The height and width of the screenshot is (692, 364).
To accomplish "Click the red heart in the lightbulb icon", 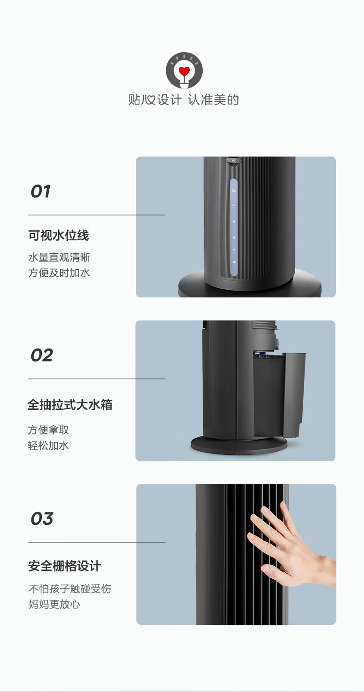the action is coord(184,72).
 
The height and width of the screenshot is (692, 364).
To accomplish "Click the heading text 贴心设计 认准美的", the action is coord(184,100).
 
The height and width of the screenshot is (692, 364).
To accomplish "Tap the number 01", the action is coord(41,192).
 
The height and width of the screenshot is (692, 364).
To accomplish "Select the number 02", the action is coord(42,355).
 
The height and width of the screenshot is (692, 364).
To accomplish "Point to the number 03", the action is coord(42,519).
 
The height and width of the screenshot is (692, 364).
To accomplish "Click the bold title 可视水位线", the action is coord(59,235).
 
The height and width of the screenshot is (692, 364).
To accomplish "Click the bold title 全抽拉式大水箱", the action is coord(70,405).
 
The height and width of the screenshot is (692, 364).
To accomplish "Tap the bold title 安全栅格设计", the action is coord(65,566).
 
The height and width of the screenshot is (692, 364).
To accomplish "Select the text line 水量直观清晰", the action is coord(59,257).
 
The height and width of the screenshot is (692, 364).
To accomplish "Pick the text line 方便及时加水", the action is coord(59,273).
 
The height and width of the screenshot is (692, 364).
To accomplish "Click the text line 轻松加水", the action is coord(48,446).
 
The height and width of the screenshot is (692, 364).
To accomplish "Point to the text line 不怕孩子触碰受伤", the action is coord(70,589).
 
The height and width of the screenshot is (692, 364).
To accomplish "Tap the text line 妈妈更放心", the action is coord(54,604).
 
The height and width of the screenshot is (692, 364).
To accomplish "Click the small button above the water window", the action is coord(234,161).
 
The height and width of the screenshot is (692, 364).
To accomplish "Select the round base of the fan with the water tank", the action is coord(240,445).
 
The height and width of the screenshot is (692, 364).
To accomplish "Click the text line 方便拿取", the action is coord(48,430).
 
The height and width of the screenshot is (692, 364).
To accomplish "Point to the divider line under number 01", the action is coord(96,215).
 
